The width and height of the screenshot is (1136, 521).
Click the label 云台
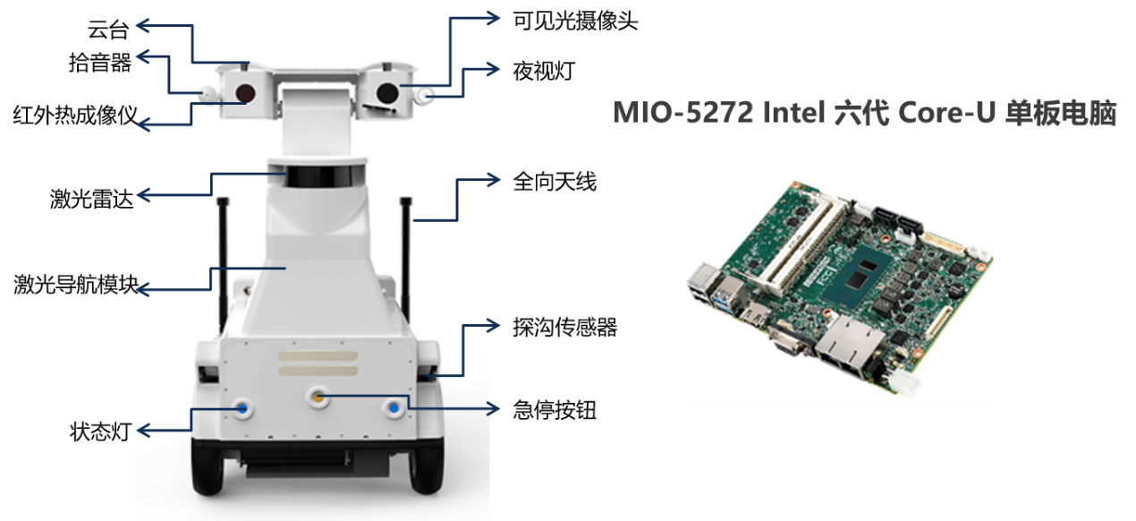click(108, 30)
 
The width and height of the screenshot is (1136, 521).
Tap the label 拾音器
click(100, 63)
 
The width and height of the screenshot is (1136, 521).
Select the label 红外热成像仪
click(75, 115)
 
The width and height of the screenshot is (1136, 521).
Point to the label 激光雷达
click(92, 199)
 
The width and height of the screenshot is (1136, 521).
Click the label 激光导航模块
click(76, 285)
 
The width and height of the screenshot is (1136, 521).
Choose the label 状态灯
click(100, 431)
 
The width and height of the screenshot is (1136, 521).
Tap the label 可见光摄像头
click(575, 21)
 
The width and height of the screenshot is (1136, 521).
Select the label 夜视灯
click(544, 71)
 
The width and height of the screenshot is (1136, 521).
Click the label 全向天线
click(555, 182)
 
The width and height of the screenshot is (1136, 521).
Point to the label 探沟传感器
click(565, 328)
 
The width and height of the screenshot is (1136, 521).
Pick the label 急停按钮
click(555, 410)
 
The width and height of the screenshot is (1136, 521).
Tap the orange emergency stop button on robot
click(318, 397)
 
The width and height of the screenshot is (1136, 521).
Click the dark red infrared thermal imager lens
click(245, 93)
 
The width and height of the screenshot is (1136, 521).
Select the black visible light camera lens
click(387, 93)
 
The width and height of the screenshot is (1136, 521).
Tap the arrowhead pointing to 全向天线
click(494, 180)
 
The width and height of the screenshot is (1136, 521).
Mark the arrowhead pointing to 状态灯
click(144, 431)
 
